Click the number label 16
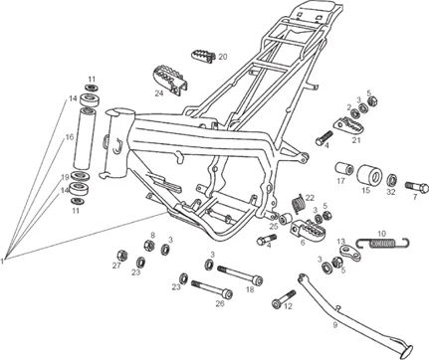(69, 137)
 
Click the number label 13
(340, 242)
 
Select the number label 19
(64, 178)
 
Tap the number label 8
(152, 236)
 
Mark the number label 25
(271, 227)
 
